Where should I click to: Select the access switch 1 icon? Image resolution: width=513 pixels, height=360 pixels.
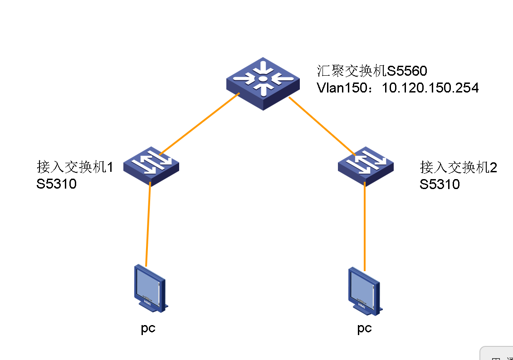(151, 165)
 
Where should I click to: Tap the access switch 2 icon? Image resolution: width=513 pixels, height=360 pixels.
(366, 165)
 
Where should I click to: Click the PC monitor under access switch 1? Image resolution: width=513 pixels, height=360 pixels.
(149, 288)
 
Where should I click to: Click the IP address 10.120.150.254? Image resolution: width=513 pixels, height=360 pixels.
(430, 88)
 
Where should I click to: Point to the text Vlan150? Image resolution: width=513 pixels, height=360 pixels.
(343, 88)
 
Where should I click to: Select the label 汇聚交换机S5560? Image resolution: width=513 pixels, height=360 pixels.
(372, 70)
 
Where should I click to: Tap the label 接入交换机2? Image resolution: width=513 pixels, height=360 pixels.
(459, 167)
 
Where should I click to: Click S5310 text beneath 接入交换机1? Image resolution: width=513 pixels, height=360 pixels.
(57, 184)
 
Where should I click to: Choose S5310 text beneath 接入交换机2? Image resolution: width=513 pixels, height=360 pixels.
(440, 184)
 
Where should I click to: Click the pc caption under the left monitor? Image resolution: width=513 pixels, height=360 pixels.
(148, 328)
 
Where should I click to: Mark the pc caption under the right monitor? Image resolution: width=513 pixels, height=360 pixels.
(364, 328)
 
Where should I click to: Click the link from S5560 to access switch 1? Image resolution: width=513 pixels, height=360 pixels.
(200, 124)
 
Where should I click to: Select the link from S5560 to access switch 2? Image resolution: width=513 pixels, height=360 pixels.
(322, 125)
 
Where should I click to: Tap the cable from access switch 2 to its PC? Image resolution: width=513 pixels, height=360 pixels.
(365, 227)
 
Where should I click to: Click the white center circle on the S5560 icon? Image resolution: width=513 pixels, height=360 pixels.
(262, 80)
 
